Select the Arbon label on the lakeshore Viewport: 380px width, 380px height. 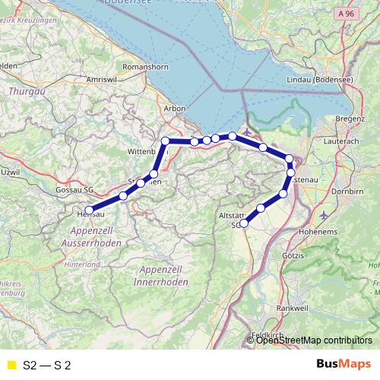click(176, 109)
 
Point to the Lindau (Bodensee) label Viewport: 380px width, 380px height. click(312, 80)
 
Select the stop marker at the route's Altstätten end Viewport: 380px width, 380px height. click(244, 223)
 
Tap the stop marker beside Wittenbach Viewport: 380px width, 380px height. click(166, 141)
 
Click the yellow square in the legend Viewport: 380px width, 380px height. click(11, 365)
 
